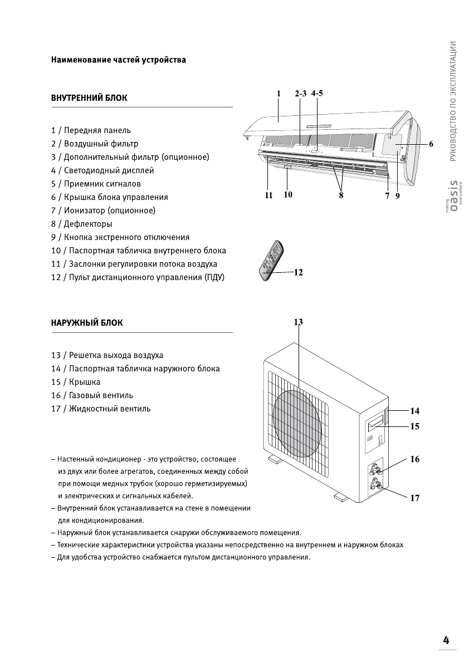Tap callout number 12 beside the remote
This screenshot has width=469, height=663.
point(298,272)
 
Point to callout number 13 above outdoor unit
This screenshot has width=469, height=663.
point(298,322)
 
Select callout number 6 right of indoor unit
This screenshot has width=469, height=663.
point(431,144)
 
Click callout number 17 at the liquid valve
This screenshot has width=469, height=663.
point(414,498)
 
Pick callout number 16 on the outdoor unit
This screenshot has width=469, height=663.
point(414,459)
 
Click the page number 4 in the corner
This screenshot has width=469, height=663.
point(446,640)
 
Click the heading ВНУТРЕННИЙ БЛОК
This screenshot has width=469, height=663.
point(89,98)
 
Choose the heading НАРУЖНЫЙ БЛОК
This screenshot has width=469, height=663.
point(87,323)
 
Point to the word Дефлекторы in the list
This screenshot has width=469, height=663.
point(88,224)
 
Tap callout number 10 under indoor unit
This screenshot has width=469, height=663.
point(288,195)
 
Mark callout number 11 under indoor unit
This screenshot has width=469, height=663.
point(268,195)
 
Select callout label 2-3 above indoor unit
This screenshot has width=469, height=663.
point(301,94)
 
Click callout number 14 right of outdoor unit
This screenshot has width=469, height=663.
point(414,411)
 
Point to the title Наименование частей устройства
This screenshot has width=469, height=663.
point(119,60)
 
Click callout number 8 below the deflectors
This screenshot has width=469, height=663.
point(341,195)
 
